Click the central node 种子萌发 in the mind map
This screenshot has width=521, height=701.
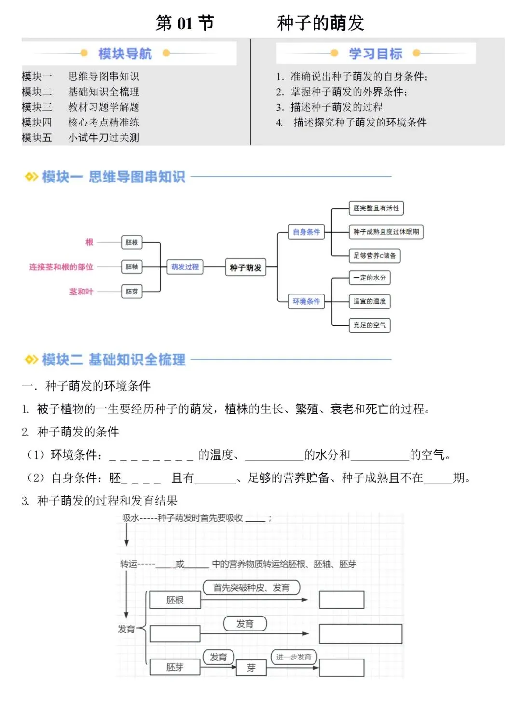(x=245, y=267)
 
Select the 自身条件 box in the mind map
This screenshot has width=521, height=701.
(x=306, y=232)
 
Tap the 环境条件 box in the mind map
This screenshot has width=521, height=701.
(x=306, y=301)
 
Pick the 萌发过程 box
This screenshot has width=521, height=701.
(x=185, y=266)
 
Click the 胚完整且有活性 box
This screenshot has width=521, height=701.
(x=376, y=208)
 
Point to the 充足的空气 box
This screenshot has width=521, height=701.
(x=370, y=325)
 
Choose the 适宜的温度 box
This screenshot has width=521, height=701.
(x=370, y=301)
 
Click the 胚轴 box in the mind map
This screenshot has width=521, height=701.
(x=132, y=266)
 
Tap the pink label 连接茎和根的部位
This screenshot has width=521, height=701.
(x=61, y=267)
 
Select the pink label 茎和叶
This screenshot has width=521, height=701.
(x=81, y=292)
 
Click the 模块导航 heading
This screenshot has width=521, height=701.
(x=125, y=54)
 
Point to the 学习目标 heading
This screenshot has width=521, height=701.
(x=375, y=54)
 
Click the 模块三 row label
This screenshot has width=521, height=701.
(x=37, y=107)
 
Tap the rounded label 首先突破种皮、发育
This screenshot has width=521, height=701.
(x=251, y=588)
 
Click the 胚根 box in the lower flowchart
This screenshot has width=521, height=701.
(x=175, y=600)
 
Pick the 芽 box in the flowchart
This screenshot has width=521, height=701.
(x=251, y=668)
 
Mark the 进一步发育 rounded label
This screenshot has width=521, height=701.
(x=293, y=657)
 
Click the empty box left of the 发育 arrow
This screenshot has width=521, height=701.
(x=175, y=633)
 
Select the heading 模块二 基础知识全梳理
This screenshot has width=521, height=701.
(x=113, y=360)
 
